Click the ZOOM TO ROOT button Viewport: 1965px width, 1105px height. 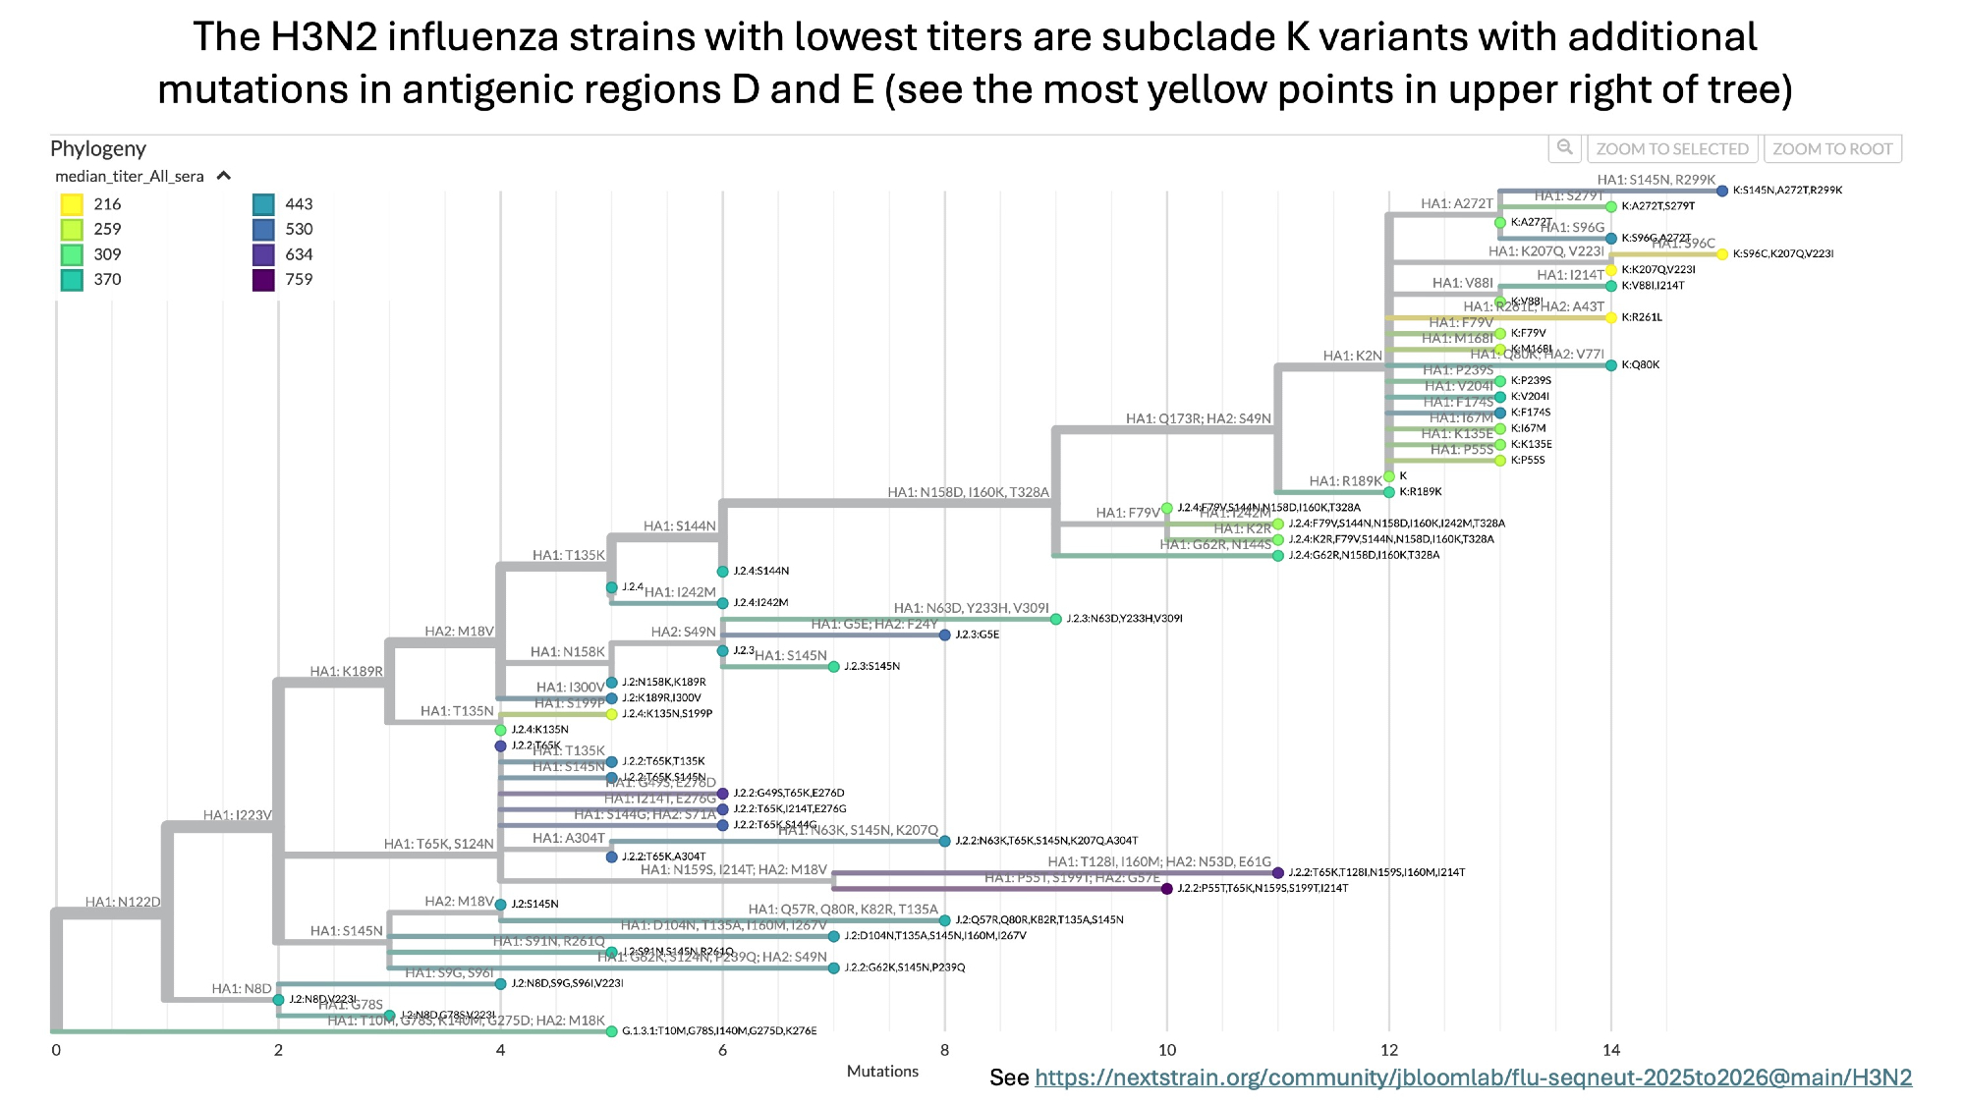1832,149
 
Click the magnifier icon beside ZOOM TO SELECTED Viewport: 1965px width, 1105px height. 1564,148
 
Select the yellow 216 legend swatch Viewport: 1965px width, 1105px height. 72,204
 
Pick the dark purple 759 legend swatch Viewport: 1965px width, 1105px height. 263,280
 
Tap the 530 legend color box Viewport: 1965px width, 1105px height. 263,230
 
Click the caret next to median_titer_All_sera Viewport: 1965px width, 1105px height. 224,176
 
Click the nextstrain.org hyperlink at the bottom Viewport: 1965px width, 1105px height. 1473,1077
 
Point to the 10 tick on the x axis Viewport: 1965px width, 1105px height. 1167,1050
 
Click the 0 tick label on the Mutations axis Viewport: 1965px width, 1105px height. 56,1050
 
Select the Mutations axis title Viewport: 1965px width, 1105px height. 882,1072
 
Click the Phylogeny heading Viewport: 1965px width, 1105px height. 98,148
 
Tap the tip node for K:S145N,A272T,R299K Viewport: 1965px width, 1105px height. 1722,191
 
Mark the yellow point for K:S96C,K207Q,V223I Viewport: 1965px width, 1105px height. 1722,254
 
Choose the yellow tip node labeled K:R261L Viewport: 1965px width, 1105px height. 1611,317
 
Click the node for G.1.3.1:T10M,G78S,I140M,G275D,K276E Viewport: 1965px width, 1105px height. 612,1031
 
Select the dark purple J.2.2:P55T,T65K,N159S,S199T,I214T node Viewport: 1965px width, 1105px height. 1167,889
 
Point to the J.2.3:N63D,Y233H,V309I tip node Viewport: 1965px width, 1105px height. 1056,619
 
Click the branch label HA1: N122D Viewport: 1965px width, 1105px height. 123,902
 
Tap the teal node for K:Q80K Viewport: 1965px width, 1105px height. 1611,365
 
